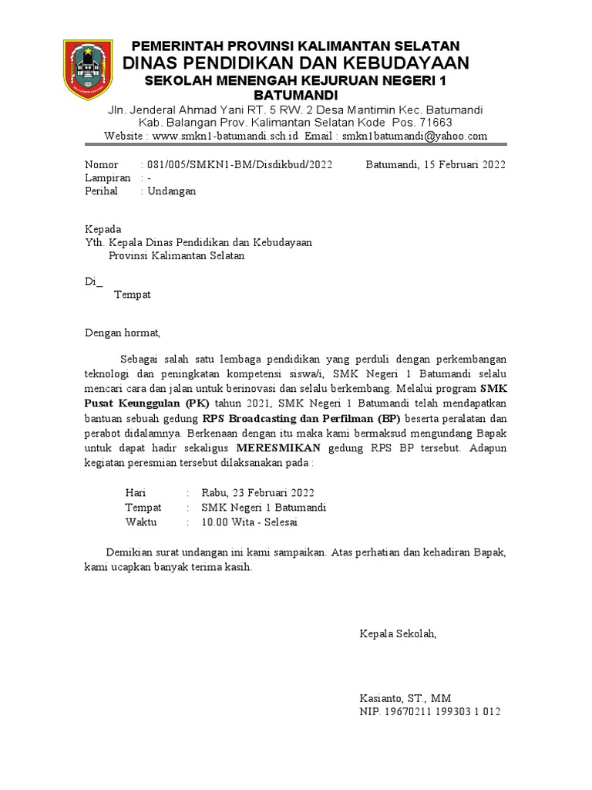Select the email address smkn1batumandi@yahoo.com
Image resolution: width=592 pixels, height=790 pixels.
(x=415, y=137)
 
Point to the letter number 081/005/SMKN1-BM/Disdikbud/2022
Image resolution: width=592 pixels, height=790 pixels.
(x=237, y=164)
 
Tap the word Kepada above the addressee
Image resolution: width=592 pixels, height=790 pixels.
(x=103, y=229)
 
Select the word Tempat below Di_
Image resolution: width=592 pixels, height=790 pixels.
(x=133, y=295)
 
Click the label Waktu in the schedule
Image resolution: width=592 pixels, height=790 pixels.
(x=140, y=522)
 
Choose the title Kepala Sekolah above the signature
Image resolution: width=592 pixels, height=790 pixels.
(x=398, y=634)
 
